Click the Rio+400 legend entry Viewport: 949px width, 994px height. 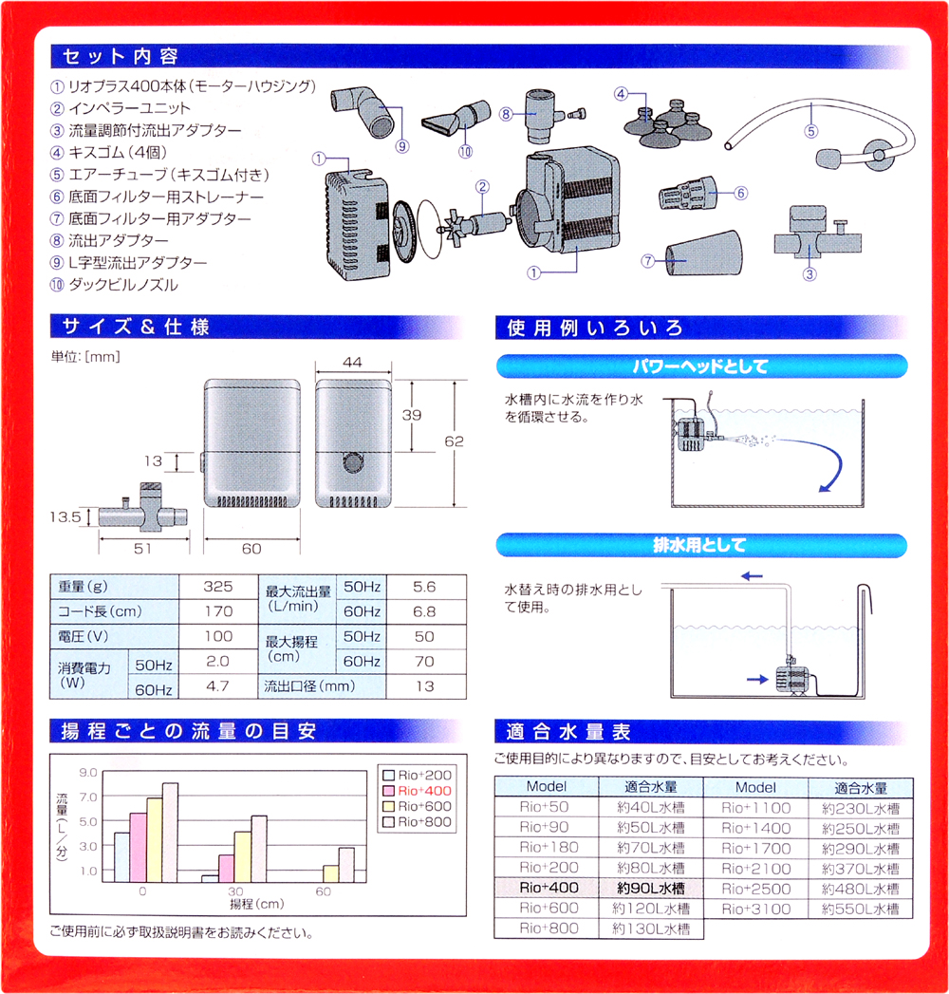coord(418,791)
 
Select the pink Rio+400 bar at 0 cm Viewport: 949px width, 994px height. coord(139,848)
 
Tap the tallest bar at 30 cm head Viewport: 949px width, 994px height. coord(258,849)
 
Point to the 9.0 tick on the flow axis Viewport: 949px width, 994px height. coord(88,772)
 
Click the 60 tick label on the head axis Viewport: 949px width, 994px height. coord(323,891)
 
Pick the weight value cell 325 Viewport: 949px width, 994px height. coord(218,587)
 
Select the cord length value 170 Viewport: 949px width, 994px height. coord(218,611)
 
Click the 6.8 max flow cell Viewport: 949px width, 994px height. coord(424,611)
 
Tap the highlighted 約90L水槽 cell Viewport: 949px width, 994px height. coord(651,888)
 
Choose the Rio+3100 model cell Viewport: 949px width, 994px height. coord(755,909)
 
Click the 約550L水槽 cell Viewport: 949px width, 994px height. coord(861,909)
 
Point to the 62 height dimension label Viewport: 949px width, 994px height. coord(454,441)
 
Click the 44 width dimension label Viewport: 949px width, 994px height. coord(352,362)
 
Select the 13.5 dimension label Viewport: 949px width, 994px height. coord(65,516)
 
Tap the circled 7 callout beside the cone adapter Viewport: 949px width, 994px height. coord(647,260)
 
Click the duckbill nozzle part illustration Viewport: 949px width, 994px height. coord(456,118)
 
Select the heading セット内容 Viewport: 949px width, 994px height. coord(120,56)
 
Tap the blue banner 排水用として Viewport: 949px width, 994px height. coord(701,545)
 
